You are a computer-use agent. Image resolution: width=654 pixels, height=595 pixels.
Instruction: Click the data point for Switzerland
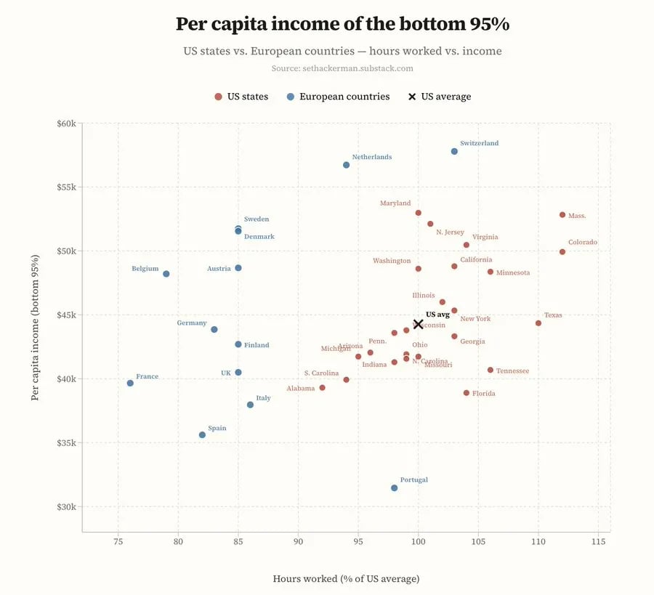[x=454, y=151]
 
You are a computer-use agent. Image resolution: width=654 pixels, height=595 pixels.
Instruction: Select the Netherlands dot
[x=346, y=165]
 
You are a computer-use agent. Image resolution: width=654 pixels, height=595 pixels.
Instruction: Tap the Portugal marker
[x=394, y=488]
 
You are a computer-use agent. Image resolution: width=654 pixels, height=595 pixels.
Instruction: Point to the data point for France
[x=130, y=383]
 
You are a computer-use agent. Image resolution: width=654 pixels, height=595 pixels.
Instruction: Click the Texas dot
[x=538, y=323]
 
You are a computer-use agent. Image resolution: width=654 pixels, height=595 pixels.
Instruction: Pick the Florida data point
[x=467, y=393]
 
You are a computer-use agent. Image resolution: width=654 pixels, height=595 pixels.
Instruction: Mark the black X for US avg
[x=418, y=325]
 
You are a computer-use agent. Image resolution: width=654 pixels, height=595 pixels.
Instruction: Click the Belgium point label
[x=145, y=269]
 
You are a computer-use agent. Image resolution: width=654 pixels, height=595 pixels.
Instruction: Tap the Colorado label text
[x=582, y=243]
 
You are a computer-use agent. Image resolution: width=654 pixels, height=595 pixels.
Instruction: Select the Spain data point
[x=202, y=435]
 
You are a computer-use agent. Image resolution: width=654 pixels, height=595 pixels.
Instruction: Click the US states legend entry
[x=241, y=97]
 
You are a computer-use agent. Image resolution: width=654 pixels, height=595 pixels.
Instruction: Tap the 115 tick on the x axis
[x=598, y=542]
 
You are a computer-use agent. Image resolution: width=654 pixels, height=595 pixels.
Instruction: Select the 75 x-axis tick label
[x=118, y=542]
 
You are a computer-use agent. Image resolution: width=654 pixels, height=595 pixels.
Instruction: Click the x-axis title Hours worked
[x=346, y=579]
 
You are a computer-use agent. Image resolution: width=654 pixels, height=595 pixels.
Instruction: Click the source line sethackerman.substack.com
[x=342, y=68]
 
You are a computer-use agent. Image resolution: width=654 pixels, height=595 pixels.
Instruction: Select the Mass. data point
[x=562, y=215]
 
